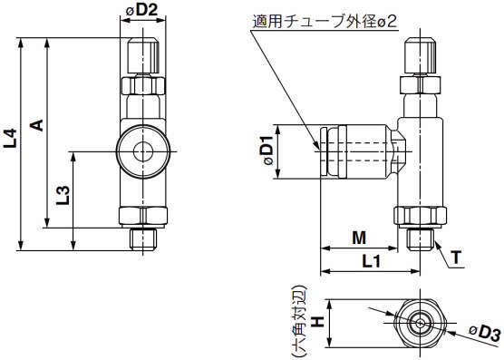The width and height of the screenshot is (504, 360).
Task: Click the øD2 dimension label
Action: coord(141,10)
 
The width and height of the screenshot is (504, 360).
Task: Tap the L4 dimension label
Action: coord(10,138)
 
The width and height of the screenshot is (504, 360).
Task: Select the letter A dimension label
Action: coord(37,125)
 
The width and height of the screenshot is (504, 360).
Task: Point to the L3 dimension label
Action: coord(63,196)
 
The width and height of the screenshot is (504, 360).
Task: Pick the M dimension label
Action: coord(359,238)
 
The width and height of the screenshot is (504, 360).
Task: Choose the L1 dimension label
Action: coord(372,261)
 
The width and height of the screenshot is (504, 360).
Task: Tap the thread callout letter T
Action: coord(456,258)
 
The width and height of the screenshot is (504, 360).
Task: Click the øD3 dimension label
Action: coord(485,333)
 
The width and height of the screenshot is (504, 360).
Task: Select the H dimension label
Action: coord(318,321)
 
